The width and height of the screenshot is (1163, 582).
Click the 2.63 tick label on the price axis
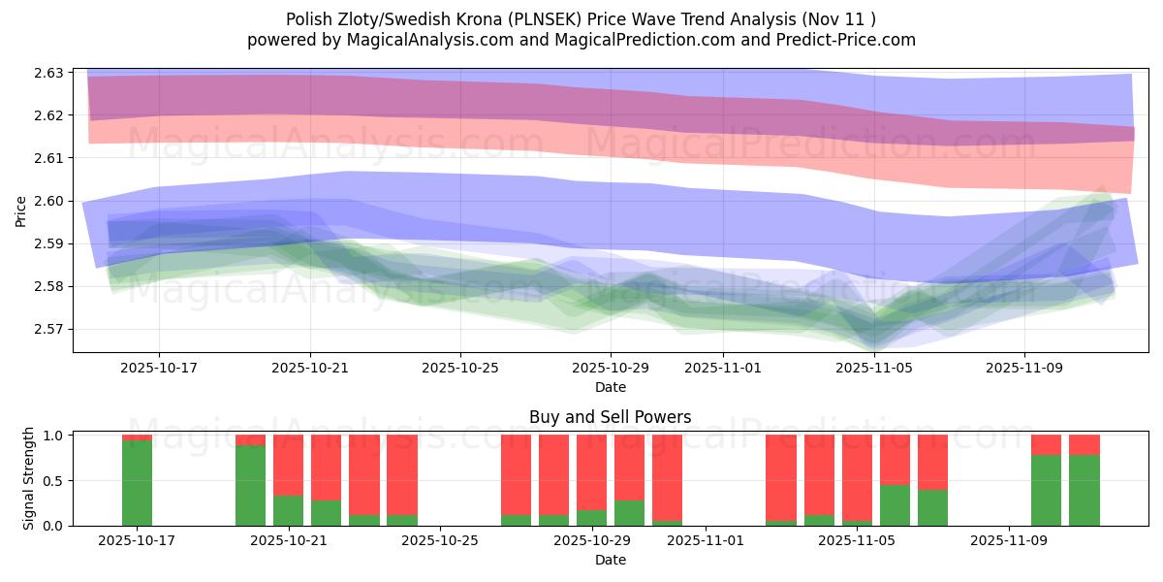[48, 73]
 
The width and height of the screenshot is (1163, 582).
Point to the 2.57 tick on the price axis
[48, 329]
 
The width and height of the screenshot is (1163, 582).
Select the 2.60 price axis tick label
[48, 201]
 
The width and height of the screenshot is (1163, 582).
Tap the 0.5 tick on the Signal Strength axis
[54, 480]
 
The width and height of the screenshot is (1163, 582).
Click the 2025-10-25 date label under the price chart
[460, 369]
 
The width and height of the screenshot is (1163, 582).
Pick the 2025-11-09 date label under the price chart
[1024, 369]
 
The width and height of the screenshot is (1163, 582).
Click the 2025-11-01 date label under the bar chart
[705, 541]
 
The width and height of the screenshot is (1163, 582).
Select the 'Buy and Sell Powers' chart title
[610, 418]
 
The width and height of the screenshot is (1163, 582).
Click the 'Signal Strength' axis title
[29, 478]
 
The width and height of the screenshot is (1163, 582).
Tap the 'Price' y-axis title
[21, 210]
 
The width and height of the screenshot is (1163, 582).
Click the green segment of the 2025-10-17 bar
[137, 483]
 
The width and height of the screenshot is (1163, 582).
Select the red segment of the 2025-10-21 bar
[288, 465]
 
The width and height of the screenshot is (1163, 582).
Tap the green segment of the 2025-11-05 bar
[895, 505]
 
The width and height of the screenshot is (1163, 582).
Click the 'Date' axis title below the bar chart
[610, 560]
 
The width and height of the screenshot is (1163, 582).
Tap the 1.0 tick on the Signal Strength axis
[54, 436]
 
